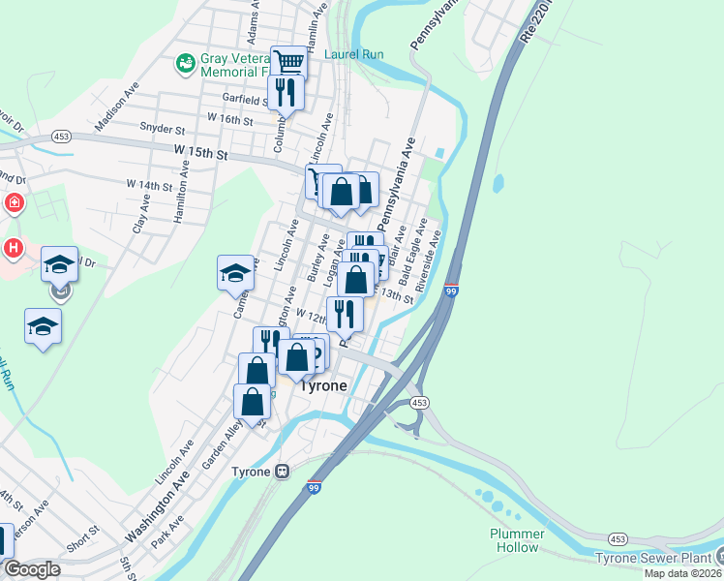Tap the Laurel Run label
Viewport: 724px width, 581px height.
pyautogui.click(x=354, y=55)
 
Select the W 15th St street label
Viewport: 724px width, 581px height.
pyautogui.click(x=200, y=154)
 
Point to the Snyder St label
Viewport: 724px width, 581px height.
pyautogui.click(x=162, y=128)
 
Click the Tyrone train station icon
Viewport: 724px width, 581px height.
pyautogui.click(x=282, y=472)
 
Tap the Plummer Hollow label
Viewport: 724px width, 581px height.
pyautogui.click(x=514, y=540)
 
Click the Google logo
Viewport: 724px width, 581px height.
pyautogui.click(x=31, y=569)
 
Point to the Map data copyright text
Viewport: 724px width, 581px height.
pyautogui.click(x=682, y=573)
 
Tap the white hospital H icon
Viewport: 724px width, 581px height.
pyautogui.click(x=13, y=248)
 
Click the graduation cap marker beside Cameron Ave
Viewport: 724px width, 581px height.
pyautogui.click(x=235, y=274)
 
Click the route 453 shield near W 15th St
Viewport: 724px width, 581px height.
pyautogui.click(x=61, y=136)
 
